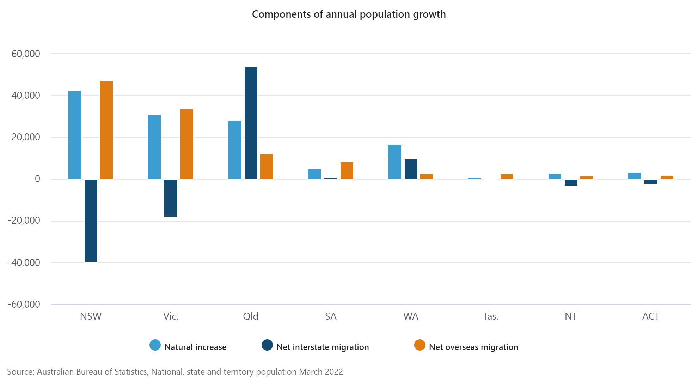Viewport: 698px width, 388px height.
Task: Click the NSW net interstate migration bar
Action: tap(91, 221)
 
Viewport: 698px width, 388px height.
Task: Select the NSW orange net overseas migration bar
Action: tap(106, 130)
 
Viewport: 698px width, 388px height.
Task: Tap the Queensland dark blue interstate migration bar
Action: tap(251, 123)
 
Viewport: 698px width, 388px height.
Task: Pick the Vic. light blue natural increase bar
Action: tap(154, 147)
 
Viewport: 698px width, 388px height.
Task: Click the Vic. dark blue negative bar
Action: tap(171, 198)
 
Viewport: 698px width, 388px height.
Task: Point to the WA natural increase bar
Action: tap(395, 162)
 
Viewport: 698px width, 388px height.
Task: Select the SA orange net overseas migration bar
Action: tap(347, 171)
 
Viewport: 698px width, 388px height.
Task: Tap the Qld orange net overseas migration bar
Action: tap(267, 167)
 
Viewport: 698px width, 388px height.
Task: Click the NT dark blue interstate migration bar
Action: tap(571, 182)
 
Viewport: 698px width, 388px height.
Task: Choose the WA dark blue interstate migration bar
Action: tap(411, 169)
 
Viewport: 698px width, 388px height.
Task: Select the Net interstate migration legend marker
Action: tap(267, 345)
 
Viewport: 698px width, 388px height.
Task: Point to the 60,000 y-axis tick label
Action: tap(26, 54)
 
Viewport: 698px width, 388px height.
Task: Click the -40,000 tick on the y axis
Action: tap(24, 263)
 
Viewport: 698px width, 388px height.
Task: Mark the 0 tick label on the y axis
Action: tap(37, 179)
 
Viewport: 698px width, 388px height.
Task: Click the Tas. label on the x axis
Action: tap(491, 316)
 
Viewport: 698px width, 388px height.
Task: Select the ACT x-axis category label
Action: tap(651, 316)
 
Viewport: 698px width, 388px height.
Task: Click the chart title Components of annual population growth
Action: tap(349, 14)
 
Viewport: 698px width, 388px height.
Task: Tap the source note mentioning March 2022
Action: tap(175, 372)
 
